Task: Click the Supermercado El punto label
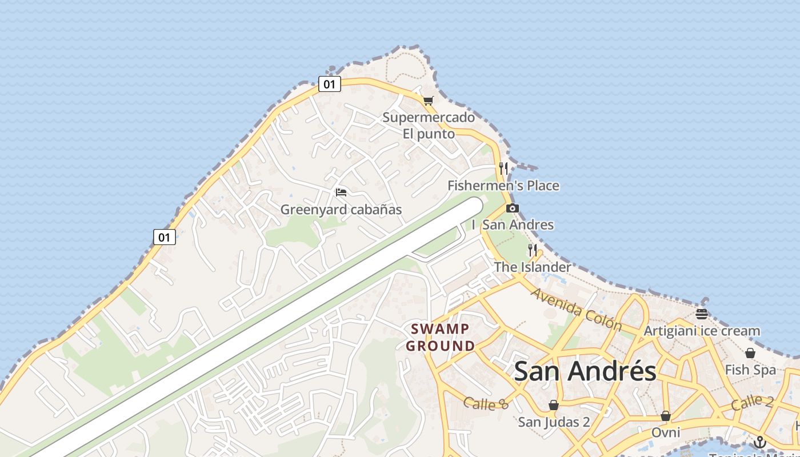point(429,126)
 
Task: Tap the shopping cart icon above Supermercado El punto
point(428,101)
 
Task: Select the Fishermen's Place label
point(503,186)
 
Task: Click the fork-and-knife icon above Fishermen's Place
point(503,168)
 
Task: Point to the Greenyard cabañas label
point(341,210)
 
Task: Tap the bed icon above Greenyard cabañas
point(341,192)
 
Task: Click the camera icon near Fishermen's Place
point(513,208)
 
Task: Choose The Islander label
point(532,267)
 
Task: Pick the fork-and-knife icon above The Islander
point(532,250)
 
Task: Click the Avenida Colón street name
point(576,309)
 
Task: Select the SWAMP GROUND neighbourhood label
point(441,337)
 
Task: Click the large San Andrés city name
point(585,371)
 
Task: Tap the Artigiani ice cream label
point(702,331)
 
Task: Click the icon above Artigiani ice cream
point(702,314)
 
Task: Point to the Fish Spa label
point(750,370)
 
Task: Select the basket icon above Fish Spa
point(750,353)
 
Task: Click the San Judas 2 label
point(554,422)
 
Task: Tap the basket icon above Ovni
point(666,415)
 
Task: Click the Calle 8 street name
point(486,404)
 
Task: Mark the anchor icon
point(759,442)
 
